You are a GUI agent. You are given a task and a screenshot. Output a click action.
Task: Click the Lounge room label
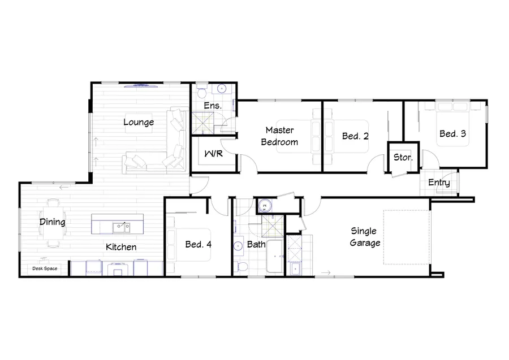click(x=139, y=122)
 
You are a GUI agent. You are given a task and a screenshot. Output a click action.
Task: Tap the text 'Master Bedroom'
click(x=279, y=136)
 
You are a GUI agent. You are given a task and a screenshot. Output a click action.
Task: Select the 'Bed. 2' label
click(x=356, y=136)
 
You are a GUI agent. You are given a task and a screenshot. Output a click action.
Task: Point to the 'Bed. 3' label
click(x=453, y=134)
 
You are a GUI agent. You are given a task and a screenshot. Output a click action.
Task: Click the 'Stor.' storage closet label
click(x=403, y=157)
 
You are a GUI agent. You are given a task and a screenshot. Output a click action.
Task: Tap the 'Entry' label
click(x=439, y=183)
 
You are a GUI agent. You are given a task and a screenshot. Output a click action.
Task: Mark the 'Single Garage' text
click(x=365, y=237)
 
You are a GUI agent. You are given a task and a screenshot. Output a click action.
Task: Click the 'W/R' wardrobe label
click(x=213, y=154)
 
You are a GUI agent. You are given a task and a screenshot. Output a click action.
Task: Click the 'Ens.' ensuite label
click(x=213, y=106)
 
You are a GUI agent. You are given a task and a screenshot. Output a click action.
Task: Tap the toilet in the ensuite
click(x=202, y=90)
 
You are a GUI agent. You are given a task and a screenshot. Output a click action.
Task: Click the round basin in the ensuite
click(x=222, y=89)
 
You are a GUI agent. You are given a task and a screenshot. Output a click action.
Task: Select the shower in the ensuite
click(x=201, y=122)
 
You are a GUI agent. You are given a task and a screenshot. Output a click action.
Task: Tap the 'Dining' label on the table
click(x=52, y=222)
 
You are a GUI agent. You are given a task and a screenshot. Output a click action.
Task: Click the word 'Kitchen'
click(x=121, y=247)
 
